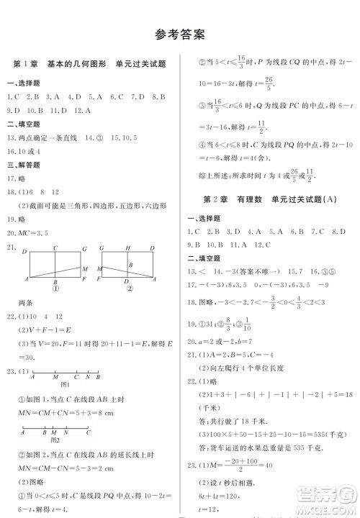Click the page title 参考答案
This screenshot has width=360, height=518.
(180, 34)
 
